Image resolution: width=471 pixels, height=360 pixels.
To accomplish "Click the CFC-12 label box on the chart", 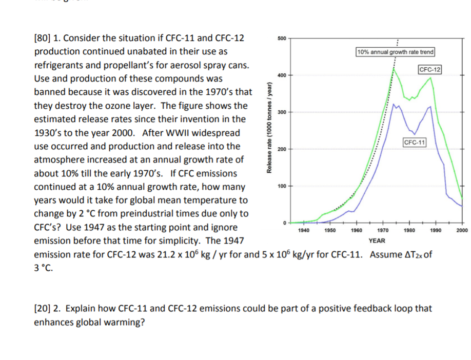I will point(430,69).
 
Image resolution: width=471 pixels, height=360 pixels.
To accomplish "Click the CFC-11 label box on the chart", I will point(415,142).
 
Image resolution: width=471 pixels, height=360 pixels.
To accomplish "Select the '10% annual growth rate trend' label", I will point(395,52).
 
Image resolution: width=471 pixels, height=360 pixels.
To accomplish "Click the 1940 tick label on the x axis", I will point(303,231).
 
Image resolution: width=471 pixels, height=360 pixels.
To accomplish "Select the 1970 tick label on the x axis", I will point(381,231).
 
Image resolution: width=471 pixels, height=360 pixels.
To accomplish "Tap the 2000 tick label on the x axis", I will point(461,231).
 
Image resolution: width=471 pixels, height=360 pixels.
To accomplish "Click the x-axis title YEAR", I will point(377,240).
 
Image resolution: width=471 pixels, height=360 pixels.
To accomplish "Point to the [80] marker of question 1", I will point(43,38).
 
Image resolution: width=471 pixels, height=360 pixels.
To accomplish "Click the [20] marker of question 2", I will point(43,309).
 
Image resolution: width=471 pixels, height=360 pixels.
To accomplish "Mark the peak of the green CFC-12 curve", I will point(395,69).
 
